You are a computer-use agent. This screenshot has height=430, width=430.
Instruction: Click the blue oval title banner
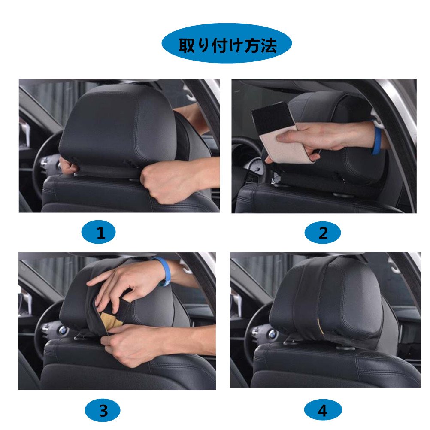[x=227, y=43]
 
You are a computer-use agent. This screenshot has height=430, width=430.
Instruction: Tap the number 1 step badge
[x=99, y=232]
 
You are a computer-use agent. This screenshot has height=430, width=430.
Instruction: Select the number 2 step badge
[x=323, y=233]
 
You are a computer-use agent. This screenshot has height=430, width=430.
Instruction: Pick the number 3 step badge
[x=103, y=410]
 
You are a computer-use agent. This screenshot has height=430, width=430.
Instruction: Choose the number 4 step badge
[x=323, y=410]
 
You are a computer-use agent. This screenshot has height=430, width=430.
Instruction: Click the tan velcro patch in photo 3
[x=111, y=319]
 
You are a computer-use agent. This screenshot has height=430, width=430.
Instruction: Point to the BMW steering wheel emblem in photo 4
[x=273, y=334]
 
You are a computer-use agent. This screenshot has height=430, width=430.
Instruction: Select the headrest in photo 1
[x=118, y=129]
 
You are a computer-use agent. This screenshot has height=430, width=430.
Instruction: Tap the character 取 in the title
[x=187, y=45]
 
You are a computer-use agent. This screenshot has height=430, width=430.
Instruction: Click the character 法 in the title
[x=268, y=45]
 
